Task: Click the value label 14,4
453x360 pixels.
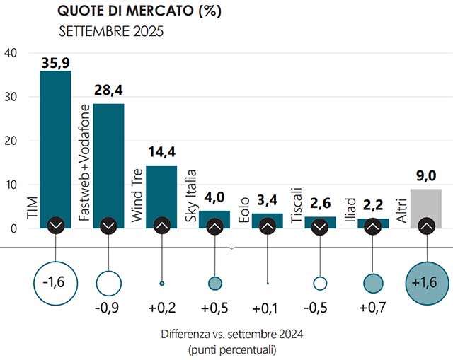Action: tap(161, 153)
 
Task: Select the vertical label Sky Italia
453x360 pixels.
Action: tap(190, 196)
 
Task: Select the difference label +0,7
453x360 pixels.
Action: tap(373, 309)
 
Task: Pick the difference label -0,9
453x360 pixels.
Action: tap(108, 309)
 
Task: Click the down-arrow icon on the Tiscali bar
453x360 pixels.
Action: tap(320, 226)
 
